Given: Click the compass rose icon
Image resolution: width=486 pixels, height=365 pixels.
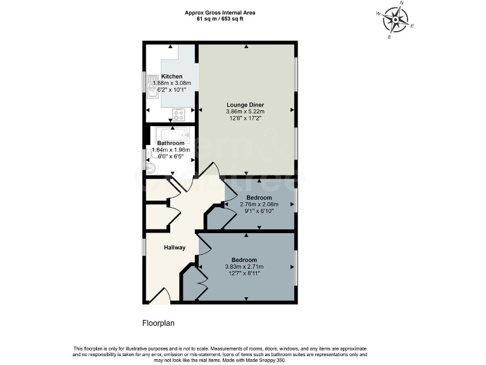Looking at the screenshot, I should tap(396, 21).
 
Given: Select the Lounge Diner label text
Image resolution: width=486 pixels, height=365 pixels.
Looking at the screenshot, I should tap(245, 105).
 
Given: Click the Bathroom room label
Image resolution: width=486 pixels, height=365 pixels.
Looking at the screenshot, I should tap(170, 143).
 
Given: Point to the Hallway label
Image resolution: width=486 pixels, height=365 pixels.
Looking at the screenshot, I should tap(175, 247).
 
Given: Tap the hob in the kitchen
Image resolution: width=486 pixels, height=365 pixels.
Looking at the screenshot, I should tap(179, 115).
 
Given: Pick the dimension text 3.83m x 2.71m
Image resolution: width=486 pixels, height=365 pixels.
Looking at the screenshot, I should tap(244, 267).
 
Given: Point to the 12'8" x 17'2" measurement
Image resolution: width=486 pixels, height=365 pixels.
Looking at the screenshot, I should tap(245, 118).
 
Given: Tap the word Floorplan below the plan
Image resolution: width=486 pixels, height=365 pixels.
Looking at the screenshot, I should tap(158, 323).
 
